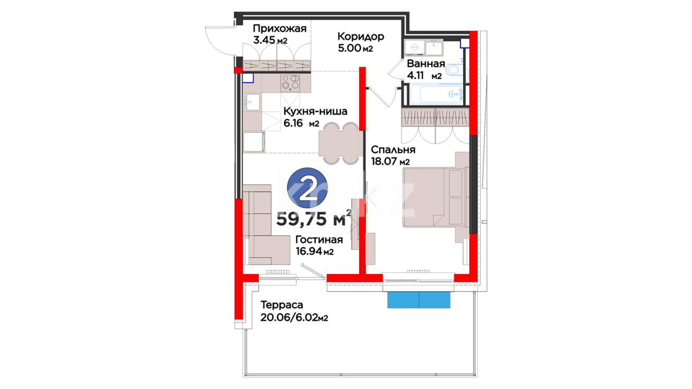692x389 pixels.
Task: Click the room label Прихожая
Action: (x=279, y=28)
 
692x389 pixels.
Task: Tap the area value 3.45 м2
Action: (x=270, y=40)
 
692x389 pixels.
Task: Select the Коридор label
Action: (x=361, y=36)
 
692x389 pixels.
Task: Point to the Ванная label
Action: (x=426, y=64)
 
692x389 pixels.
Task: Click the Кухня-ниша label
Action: (x=315, y=111)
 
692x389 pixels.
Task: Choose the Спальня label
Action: (x=393, y=149)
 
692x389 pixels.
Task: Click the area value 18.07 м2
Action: (x=390, y=161)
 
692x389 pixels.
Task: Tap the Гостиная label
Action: (x=319, y=240)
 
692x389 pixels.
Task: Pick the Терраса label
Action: (x=281, y=305)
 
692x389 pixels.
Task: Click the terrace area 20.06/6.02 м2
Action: (x=294, y=317)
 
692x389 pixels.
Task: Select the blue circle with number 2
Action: (x=307, y=188)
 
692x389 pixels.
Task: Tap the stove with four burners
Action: (x=290, y=82)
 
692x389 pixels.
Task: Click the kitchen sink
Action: (x=251, y=102)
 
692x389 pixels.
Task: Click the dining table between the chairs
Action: (x=341, y=143)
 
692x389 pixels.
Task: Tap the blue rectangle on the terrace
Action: (x=419, y=300)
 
